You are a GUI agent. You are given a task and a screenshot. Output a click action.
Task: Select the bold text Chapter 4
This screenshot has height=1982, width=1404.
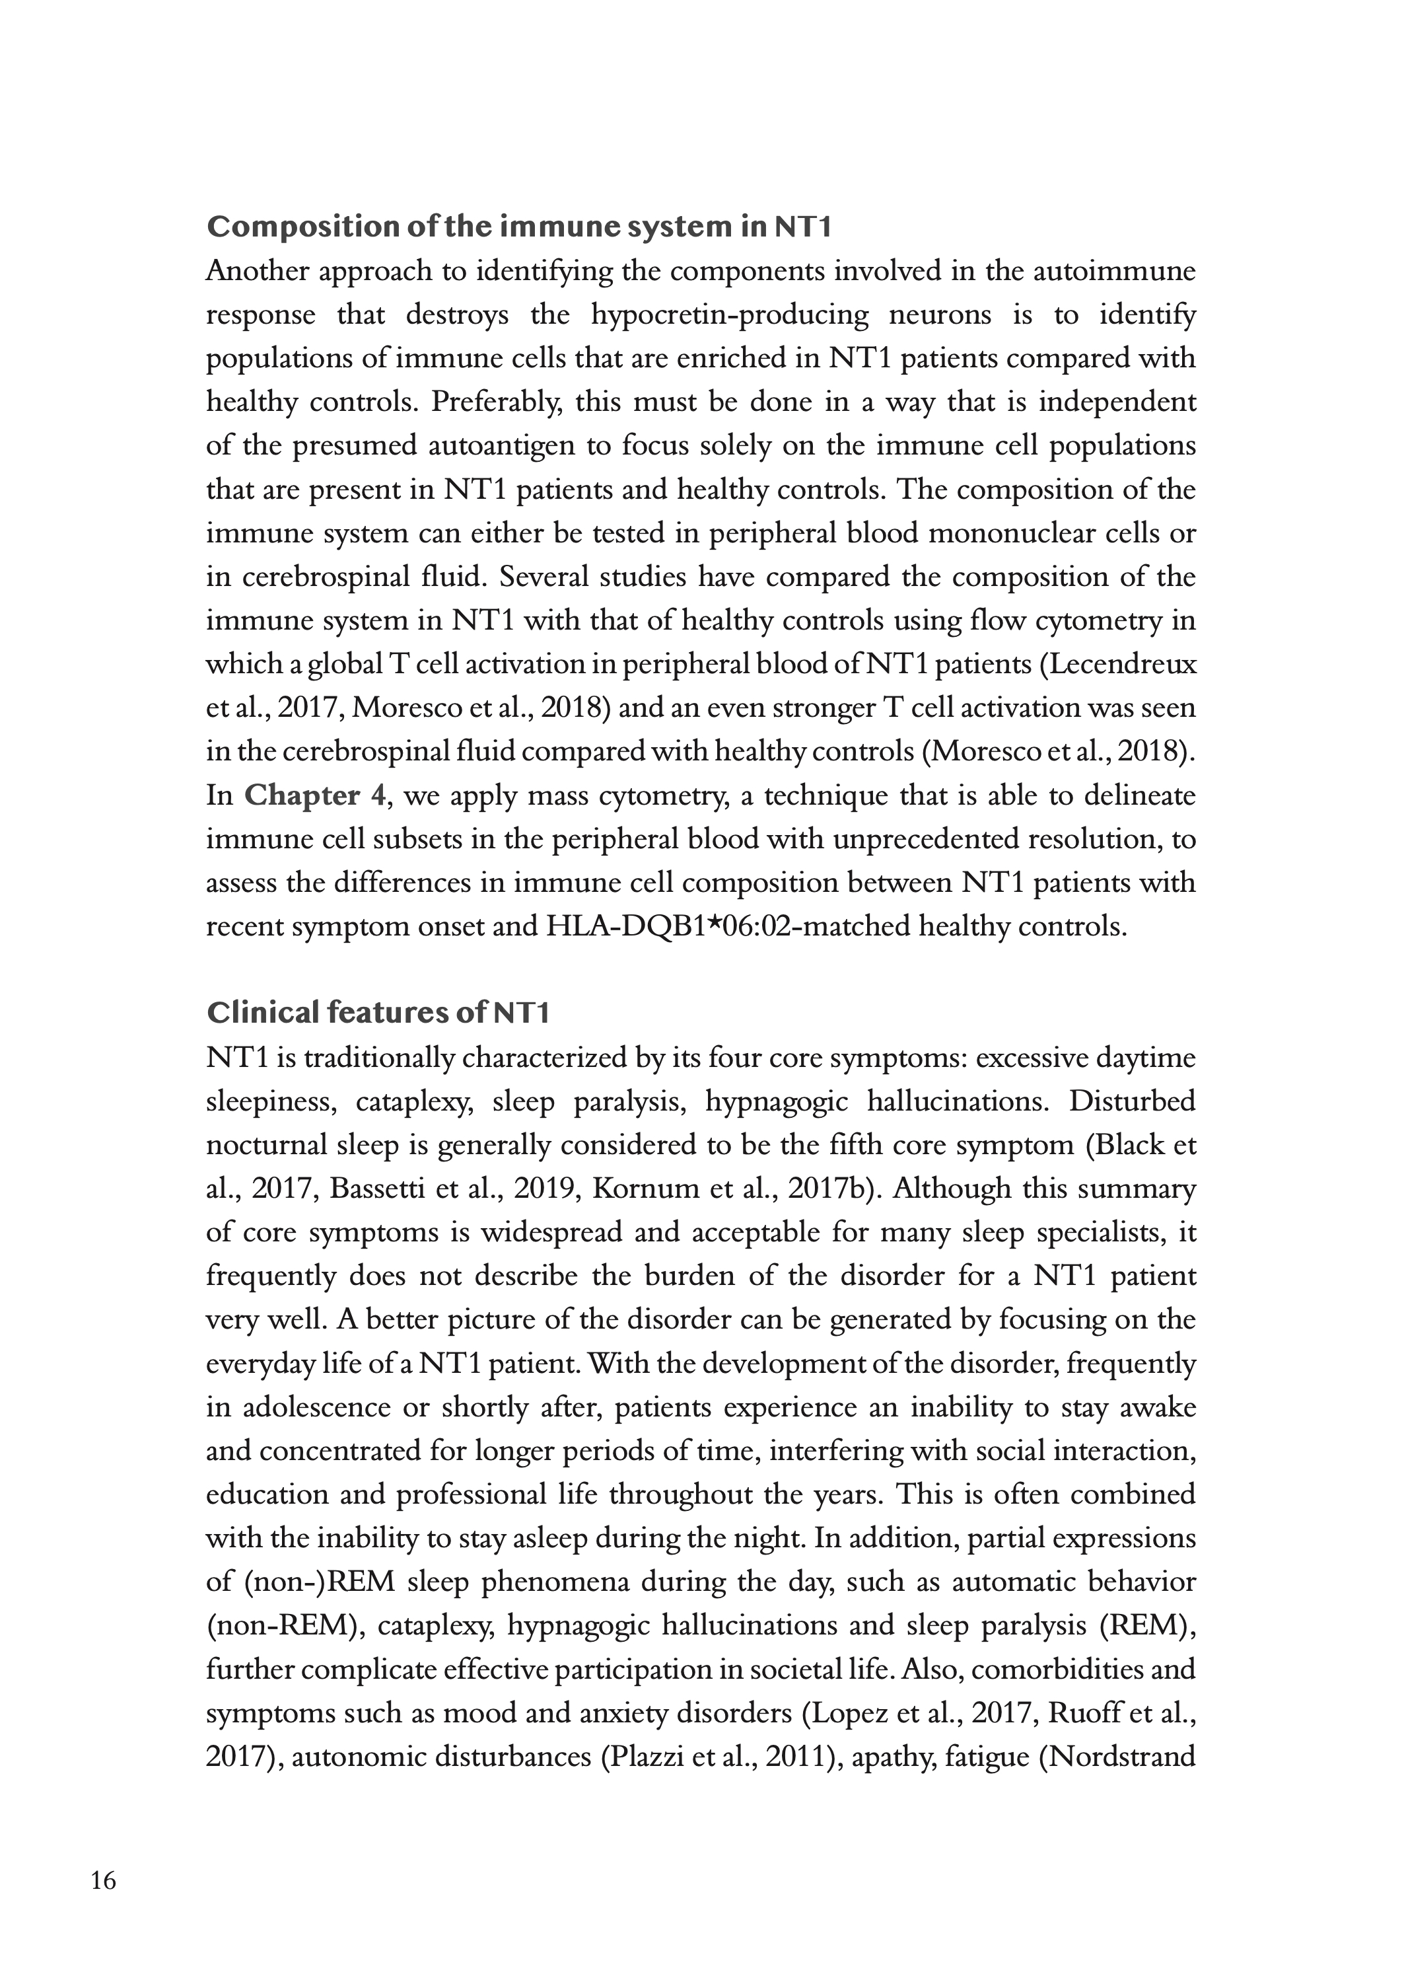point(315,795)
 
